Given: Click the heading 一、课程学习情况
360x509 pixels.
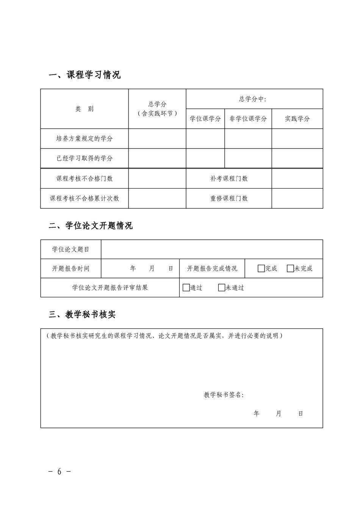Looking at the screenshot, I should click(x=85, y=75).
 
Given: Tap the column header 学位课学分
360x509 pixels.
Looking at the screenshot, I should click(x=205, y=119).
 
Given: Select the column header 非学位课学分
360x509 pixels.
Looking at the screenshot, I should click(x=248, y=119).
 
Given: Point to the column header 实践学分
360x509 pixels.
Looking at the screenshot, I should click(x=297, y=119).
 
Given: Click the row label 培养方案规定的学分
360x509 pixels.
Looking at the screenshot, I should click(x=85, y=138).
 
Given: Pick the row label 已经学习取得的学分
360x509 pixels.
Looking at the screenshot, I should click(x=85, y=158).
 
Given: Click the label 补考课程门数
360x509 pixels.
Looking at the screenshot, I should click(x=229, y=178).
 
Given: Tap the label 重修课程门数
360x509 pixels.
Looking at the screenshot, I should click(x=229, y=198).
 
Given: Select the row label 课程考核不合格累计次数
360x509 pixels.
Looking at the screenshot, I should click(x=85, y=198).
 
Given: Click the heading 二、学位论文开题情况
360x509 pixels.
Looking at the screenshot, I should click(x=91, y=226).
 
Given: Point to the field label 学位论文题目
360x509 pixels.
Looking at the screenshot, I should click(x=71, y=249).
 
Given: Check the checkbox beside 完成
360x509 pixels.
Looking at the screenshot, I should click(x=261, y=269).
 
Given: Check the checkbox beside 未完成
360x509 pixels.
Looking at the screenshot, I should click(x=290, y=269).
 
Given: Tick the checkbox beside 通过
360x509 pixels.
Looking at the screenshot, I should click(x=186, y=288).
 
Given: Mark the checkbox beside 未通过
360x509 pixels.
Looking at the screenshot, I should click(x=222, y=288).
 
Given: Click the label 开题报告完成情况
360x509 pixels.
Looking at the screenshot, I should click(x=212, y=269).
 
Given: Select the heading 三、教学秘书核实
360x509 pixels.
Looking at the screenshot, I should click(x=82, y=314).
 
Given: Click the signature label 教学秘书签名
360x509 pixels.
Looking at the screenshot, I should click(x=224, y=395).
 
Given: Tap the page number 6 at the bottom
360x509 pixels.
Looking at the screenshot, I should click(x=59, y=472).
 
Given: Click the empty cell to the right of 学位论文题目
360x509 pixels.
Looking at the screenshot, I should click(x=212, y=249).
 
